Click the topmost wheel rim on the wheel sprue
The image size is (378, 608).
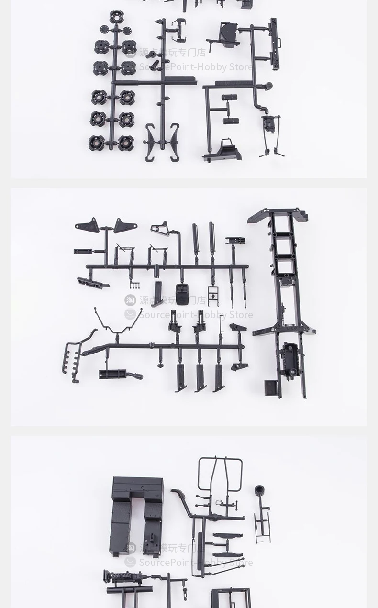coord(116,17)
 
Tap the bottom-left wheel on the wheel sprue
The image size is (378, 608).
coord(97,143)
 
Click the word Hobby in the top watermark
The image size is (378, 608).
coord(211,67)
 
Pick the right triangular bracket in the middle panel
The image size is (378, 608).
coord(125,225)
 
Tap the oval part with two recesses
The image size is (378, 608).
coord(182,294)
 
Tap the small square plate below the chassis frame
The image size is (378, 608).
coord(271,387)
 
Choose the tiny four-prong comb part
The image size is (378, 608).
coord(135,286)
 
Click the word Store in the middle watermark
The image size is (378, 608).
coord(241,315)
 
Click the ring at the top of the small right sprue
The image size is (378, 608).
coord(260,491)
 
